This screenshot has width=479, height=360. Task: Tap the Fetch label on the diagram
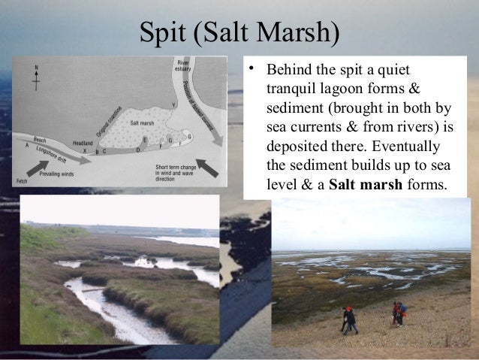[x=23, y=182]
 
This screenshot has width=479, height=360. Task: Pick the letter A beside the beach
[x=27, y=147]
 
